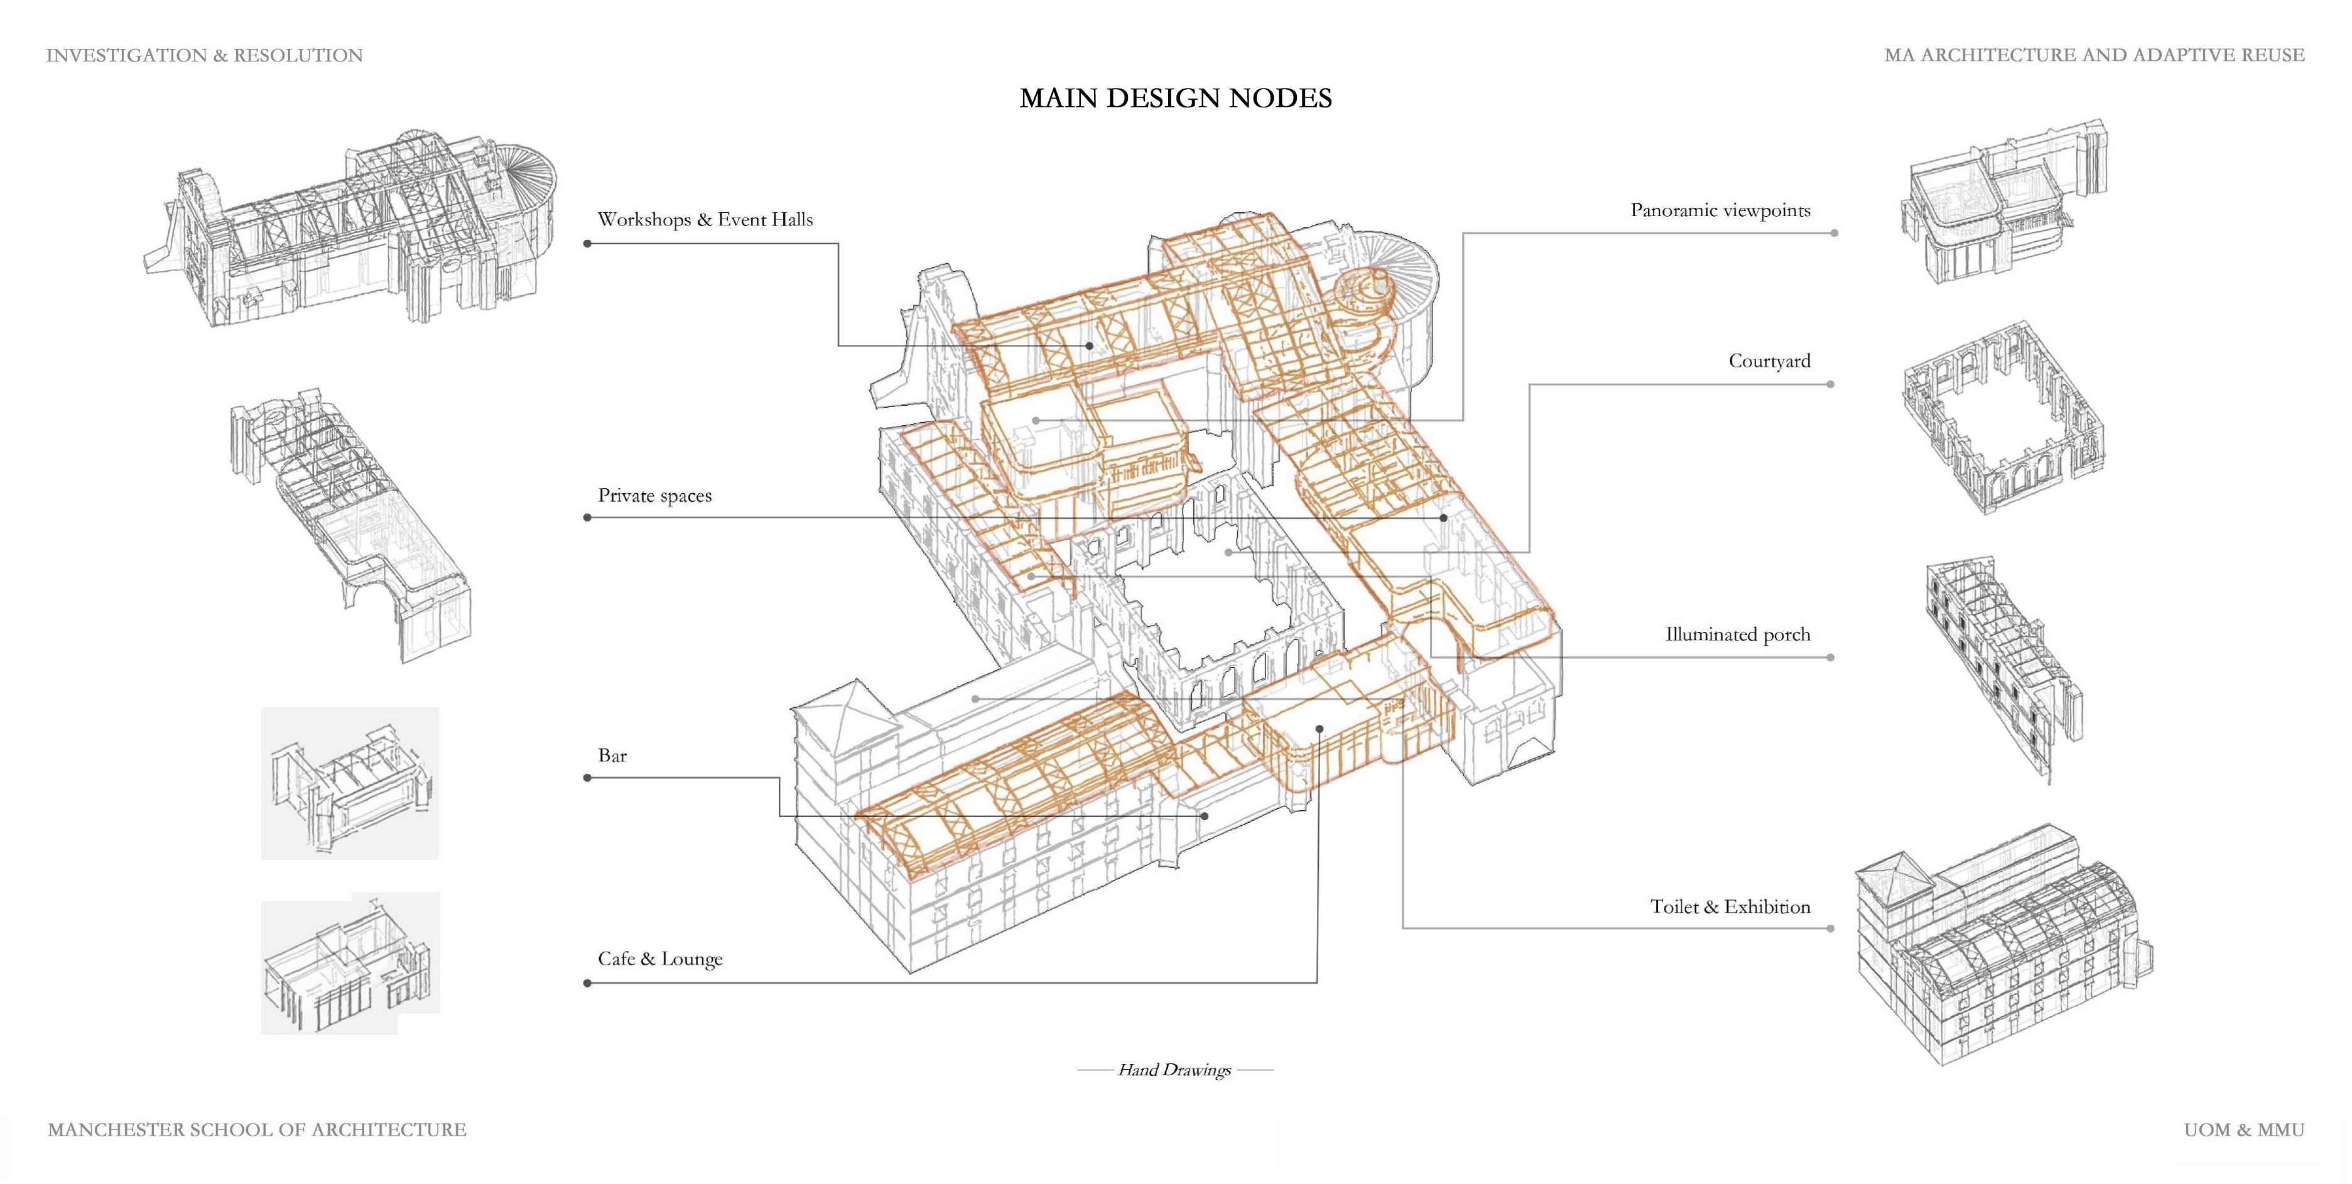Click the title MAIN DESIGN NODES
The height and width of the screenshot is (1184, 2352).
pyautogui.click(x=1175, y=99)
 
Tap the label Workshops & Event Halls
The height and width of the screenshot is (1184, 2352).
pyautogui.click(x=705, y=220)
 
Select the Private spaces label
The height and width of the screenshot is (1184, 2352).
pyautogui.click(x=654, y=496)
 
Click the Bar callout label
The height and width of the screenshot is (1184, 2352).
pyautogui.click(x=613, y=756)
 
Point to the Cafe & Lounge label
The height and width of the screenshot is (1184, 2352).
pyautogui.click(x=660, y=959)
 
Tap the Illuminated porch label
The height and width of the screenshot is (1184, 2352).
pyautogui.click(x=1738, y=634)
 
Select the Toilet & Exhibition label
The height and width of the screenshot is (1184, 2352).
pyautogui.click(x=1730, y=906)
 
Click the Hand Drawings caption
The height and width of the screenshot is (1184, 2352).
pyautogui.click(x=1174, y=1070)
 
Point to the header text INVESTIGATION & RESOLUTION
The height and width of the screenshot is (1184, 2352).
pyautogui.click(x=205, y=56)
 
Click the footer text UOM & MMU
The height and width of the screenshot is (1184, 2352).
pyautogui.click(x=2243, y=1130)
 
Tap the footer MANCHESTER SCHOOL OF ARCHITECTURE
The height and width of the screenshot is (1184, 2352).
pyautogui.click(x=257, y=1130)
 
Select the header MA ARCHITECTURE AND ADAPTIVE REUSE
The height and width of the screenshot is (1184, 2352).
pyautogui.click(x=2095, y=56)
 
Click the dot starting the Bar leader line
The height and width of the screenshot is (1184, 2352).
pyautogui.click(x=587, y=778)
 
